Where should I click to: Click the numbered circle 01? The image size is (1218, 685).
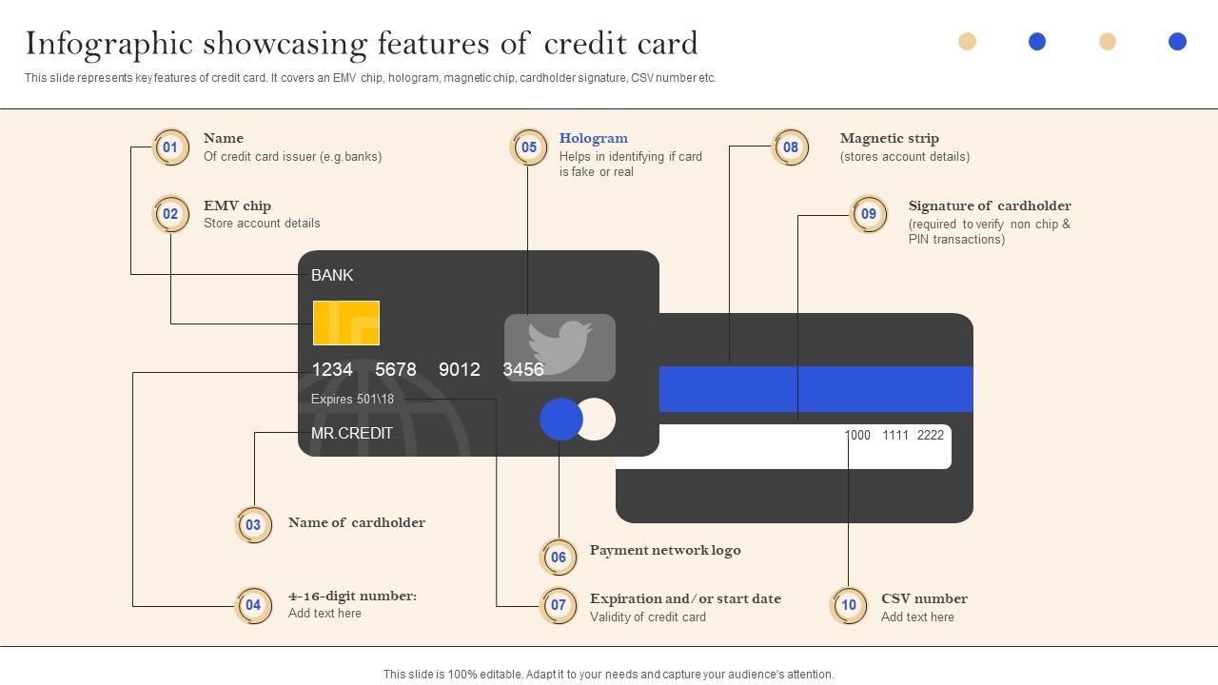tap(170, 147)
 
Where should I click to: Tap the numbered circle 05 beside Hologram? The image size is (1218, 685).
tap(529, 147)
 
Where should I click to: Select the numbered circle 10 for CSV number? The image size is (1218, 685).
tap(849, 605)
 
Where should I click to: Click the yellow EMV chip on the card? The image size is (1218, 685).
tap(346, 323)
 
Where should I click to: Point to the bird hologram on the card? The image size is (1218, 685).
tap(560, 347)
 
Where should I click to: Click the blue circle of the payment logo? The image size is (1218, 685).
tap(560, 420)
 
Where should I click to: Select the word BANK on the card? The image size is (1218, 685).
tap(332, 275)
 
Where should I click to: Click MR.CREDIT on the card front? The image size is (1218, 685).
tap(352, 433)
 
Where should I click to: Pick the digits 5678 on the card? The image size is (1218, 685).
tap(396, 369)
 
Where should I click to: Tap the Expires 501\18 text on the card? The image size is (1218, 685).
tap(352, 400)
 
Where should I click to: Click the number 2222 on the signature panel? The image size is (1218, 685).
tap(930, 435)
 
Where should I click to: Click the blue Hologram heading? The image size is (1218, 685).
tap(593, 138)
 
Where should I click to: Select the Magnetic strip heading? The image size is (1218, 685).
tap(889, 138)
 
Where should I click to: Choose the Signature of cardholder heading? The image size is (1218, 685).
tap(990, 205)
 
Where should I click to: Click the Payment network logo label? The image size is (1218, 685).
tap(665, 550)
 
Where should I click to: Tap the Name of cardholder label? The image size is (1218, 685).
tap(357, 522)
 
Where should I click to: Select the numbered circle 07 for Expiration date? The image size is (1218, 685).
tap(559, 605)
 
